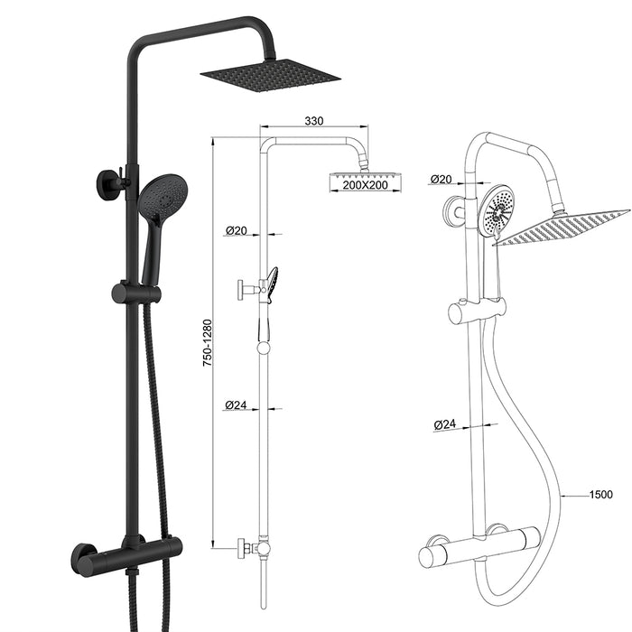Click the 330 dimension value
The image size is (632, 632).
[314, 120]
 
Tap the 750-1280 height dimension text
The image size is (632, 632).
[207, 342]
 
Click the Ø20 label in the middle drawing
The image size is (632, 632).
[236, 231]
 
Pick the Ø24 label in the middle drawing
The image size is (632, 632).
[236, 405]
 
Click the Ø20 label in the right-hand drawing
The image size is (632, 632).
[441, 179]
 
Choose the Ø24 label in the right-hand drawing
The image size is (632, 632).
[444, 423]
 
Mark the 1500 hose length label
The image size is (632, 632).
[599, 495]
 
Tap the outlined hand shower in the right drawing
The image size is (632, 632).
[497, 212]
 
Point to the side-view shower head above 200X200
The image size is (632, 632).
[364, 171]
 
